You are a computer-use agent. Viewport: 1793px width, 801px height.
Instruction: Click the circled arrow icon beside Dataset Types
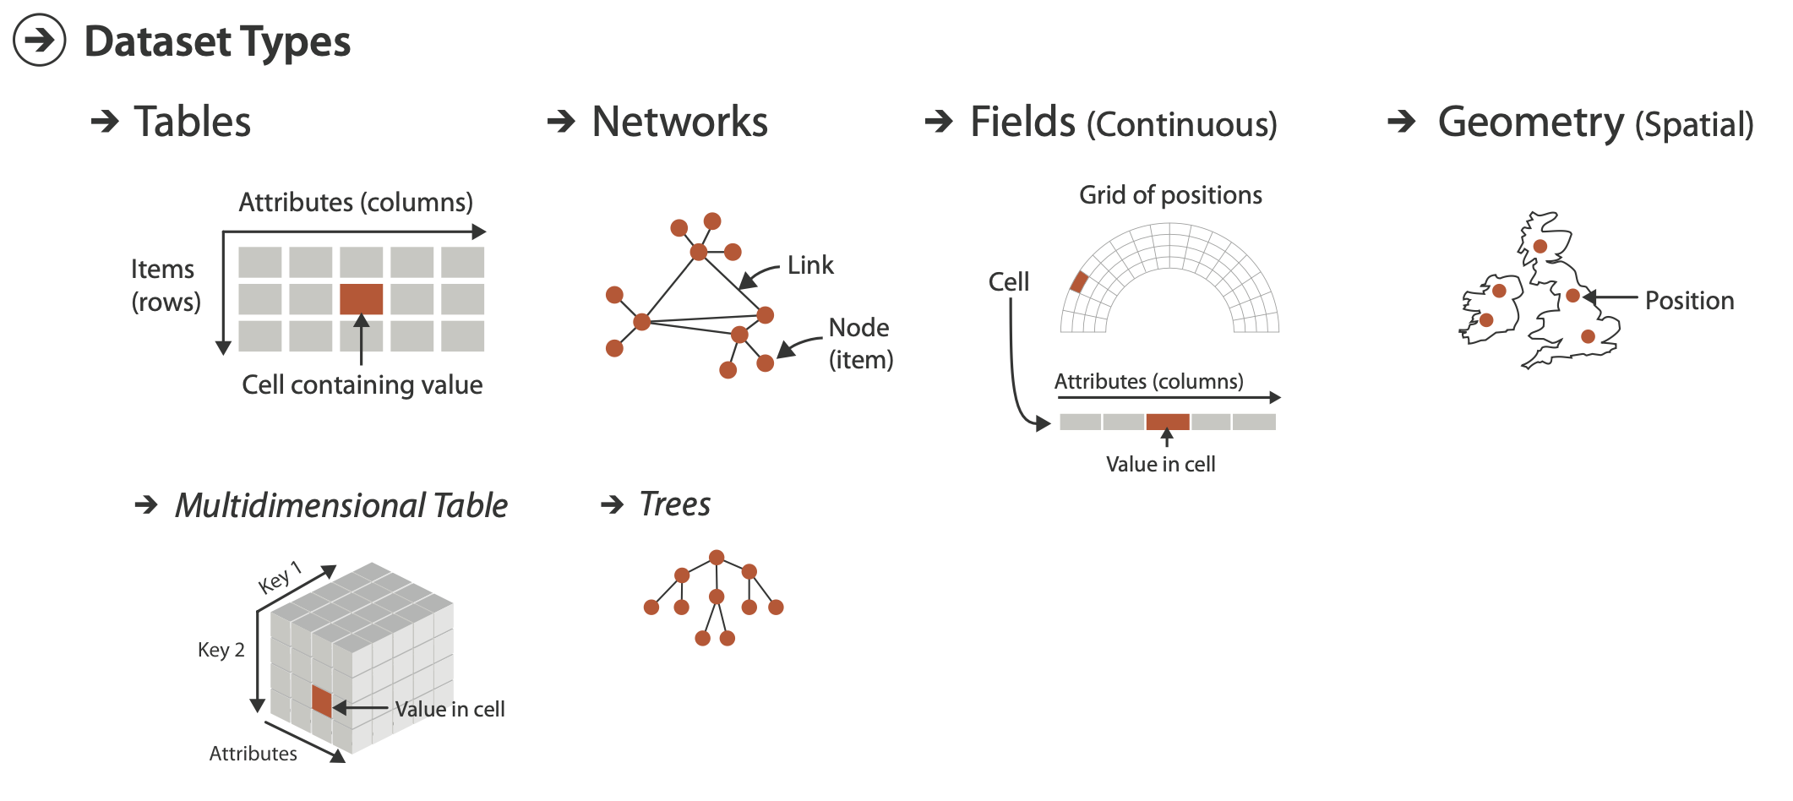click(x=39, y=41)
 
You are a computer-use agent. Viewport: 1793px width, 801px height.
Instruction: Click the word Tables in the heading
click(x=193, y=122)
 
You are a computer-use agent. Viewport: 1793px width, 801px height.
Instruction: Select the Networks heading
click(x=679, y=122)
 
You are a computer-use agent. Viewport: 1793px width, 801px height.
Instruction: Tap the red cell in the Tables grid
click(x=361, y=299)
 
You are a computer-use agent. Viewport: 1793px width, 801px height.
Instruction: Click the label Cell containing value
click(x=362, y=385)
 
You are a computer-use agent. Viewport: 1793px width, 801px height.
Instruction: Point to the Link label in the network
click(x=809, y=265)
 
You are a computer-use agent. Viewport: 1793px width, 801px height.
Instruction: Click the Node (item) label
click(x=860, y=343)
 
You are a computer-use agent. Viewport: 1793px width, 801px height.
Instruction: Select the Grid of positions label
click(x=1170, y=195)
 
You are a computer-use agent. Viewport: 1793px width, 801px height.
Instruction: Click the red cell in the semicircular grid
click(x=1079, y=282)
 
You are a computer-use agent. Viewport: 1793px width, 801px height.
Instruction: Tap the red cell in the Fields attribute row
click(x=1168, y=422)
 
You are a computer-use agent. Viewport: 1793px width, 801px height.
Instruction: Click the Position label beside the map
click(x=1689, y=301)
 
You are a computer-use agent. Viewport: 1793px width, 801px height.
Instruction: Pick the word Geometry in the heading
click(x=1530, y=122)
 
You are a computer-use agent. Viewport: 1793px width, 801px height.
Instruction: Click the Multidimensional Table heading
click(x=341, y=505)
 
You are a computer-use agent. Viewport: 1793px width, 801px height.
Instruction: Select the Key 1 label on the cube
click(x=280, y=578)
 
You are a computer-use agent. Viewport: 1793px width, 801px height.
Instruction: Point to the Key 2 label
click(x=221, y=650)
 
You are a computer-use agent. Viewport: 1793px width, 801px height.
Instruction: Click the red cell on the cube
click(x=321, y=701)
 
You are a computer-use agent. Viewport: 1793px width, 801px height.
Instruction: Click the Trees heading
click(x=675, y=504)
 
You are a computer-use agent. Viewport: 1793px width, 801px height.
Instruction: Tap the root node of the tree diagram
click(x=717, y=558)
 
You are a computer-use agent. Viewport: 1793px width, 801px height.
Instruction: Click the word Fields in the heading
click(x=1022, y=122)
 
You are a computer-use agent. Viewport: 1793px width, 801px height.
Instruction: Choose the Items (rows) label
click(x=165, y=286)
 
